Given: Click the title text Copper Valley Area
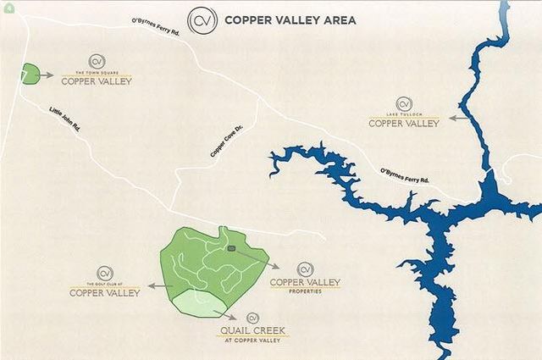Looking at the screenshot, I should tap(290, 19).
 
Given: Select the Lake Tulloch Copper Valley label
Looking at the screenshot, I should tap(404, 120).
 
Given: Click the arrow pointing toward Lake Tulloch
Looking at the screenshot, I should tap(457, 117).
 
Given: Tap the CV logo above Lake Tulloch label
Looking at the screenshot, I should tap(404, 103).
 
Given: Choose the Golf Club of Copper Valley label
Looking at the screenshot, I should tap(105, 291).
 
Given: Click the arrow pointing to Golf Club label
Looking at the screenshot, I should tap(156, 287).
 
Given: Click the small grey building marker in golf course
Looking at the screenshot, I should tap(231, 248).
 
